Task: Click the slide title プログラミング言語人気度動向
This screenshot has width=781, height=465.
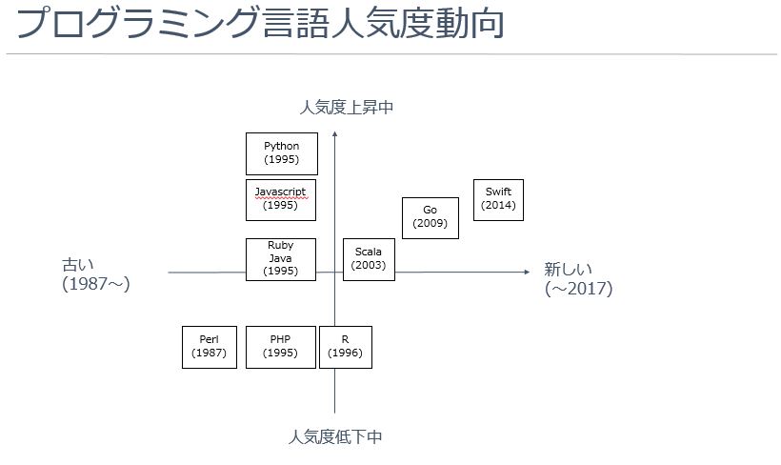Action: (x=259, y=25)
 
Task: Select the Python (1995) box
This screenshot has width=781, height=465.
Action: (x=281, y=153)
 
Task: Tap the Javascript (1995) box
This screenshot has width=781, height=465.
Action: (x=281, y=198)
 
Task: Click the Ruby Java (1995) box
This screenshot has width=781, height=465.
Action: (x=281, y=259)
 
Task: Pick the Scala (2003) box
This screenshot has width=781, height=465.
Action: (x=369, y=259)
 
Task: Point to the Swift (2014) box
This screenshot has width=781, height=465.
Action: (x=498, y=199)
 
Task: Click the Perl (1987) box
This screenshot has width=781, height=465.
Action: (x=210, y=347)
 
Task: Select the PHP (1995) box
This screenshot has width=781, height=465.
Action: (x=281, y=347)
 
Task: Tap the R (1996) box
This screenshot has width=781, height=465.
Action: (x=345, y=347)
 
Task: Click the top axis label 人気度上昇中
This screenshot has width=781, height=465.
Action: (x=347, y=108)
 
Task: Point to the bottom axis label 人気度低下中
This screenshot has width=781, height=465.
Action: (x=335, y=437)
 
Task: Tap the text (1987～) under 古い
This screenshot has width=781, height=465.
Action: (x=95, y=285)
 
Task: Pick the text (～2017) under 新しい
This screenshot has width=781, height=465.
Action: (x=578, y=289)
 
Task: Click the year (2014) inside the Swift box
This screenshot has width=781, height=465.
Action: (x=498, y=206)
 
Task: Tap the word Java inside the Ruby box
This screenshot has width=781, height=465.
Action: (x=280, y=258)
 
